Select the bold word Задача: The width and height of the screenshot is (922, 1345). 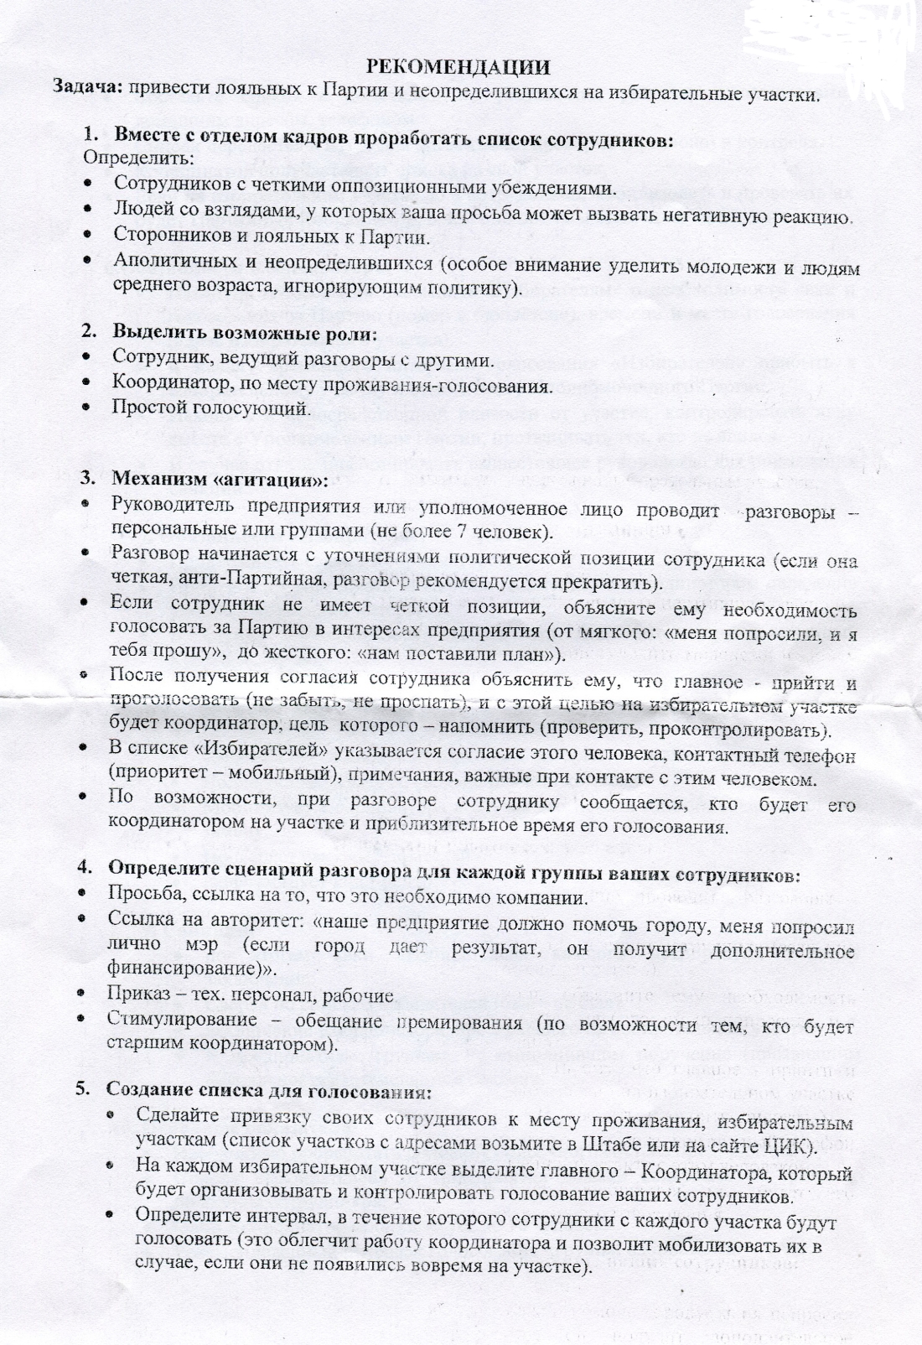[x=87, y=87]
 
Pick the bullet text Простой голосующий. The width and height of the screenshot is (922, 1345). [x=212, y=408]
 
